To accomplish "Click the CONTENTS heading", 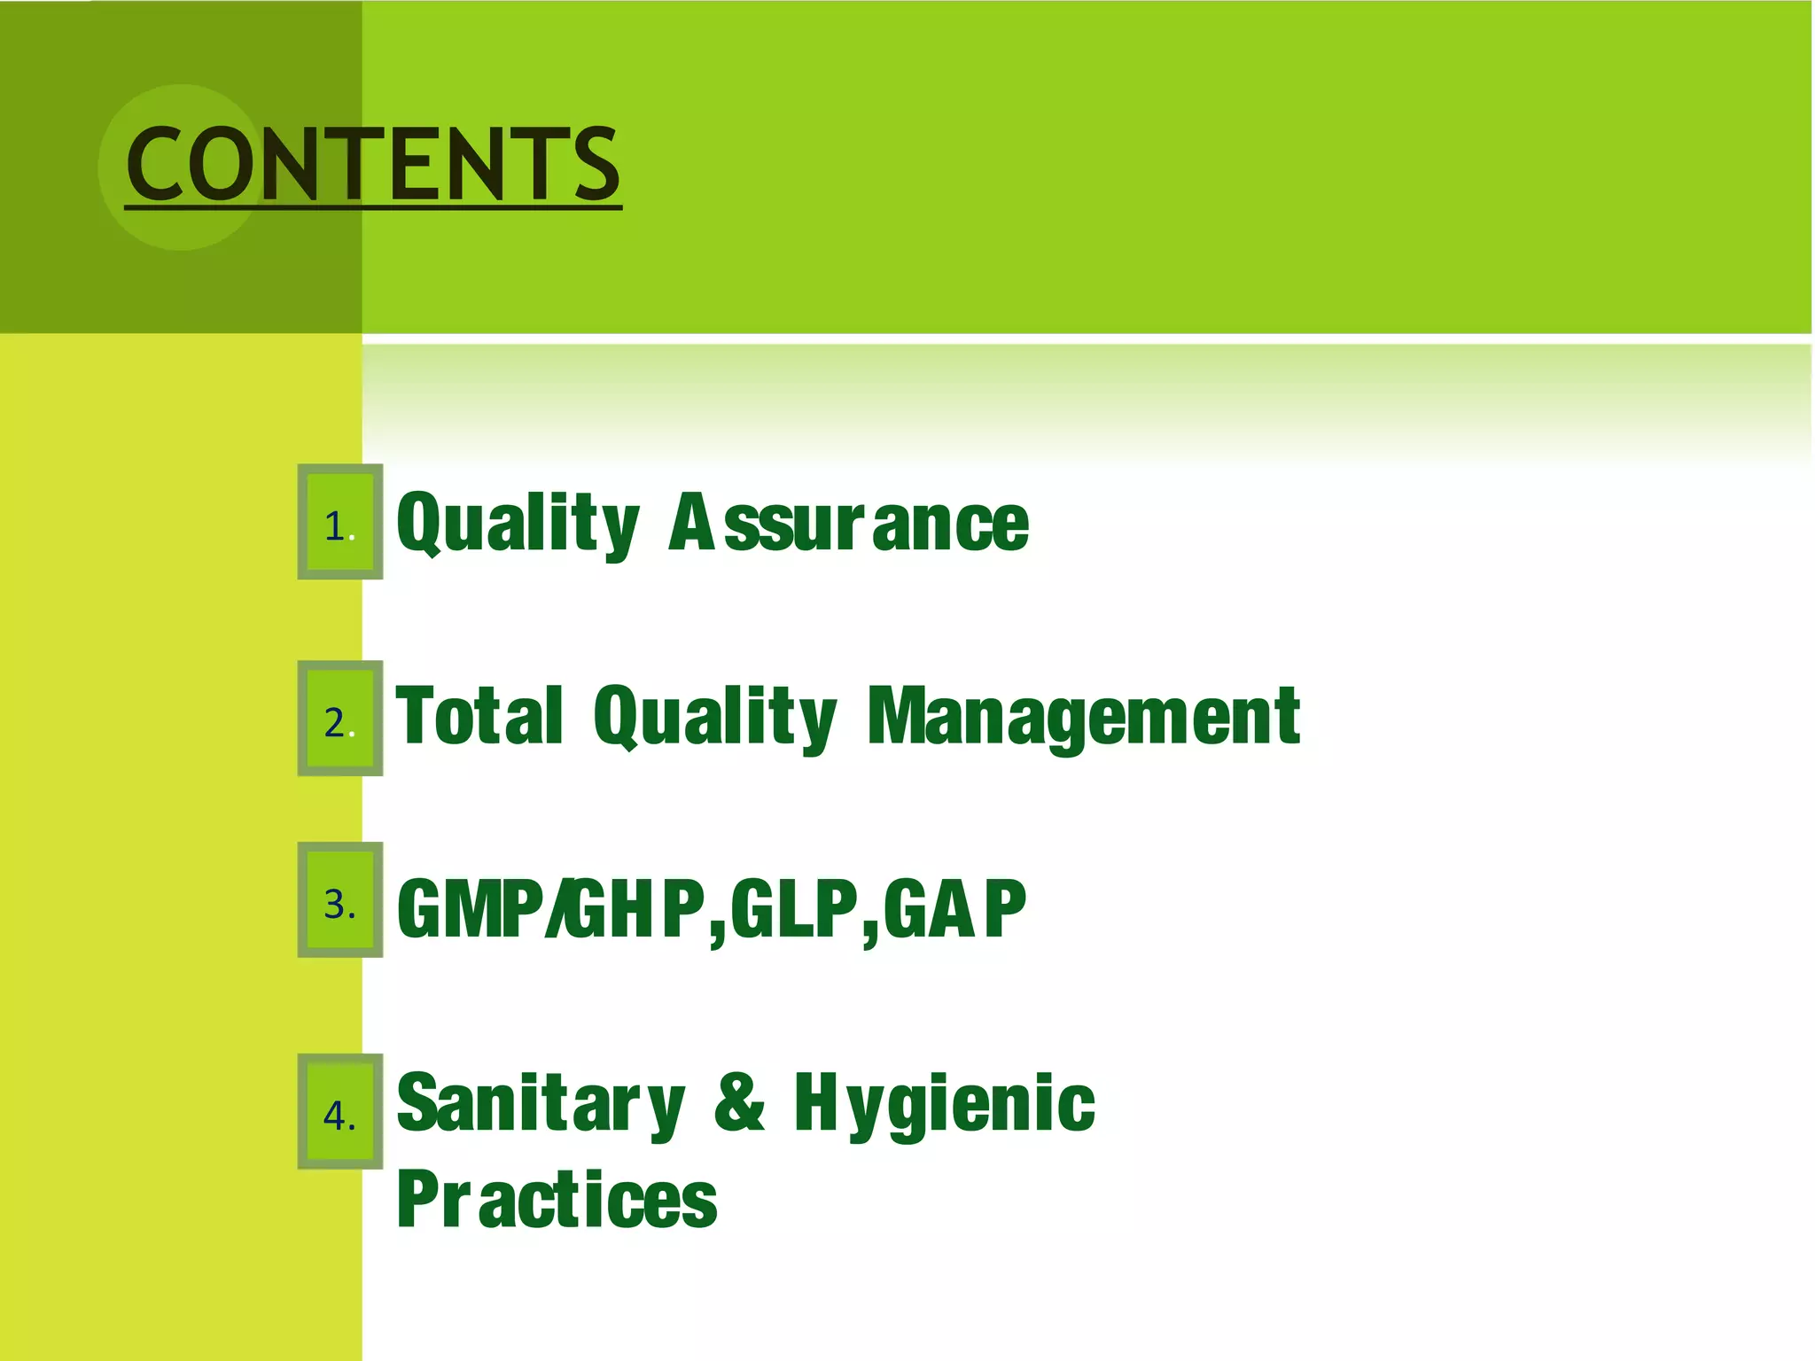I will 373,165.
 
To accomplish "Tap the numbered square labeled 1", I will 340,522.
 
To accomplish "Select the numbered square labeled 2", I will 340,719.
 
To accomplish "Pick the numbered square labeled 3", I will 340,900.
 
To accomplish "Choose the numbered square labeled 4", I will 340,1112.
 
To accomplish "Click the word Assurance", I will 849,523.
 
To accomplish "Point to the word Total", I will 479,716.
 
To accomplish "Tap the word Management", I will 1083,716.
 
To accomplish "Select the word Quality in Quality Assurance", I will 518,523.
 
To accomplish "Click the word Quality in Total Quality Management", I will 714,716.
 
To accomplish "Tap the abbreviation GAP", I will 955,908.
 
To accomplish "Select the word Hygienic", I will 945,1103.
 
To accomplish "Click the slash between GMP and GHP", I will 557,908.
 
